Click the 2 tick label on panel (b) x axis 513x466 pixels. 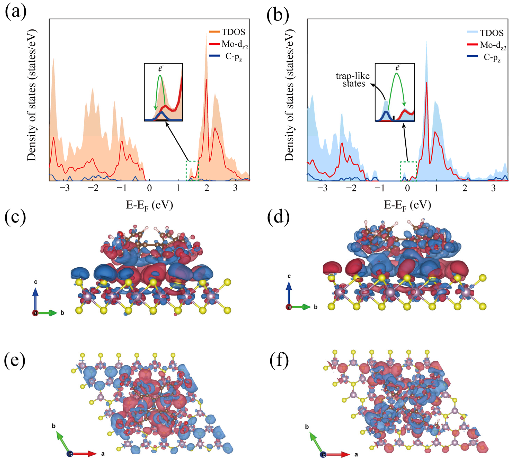(x=465, y=188)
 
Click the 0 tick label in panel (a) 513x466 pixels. (x=149, y=188)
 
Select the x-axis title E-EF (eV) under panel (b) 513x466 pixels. (x=407, y=205)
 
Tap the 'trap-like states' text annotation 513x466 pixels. (x=353, y=80)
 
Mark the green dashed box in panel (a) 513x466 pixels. (x=192, y=171)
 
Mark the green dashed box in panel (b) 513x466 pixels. (x=408, y=171)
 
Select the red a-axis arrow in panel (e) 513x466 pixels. (x=85, y=454)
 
